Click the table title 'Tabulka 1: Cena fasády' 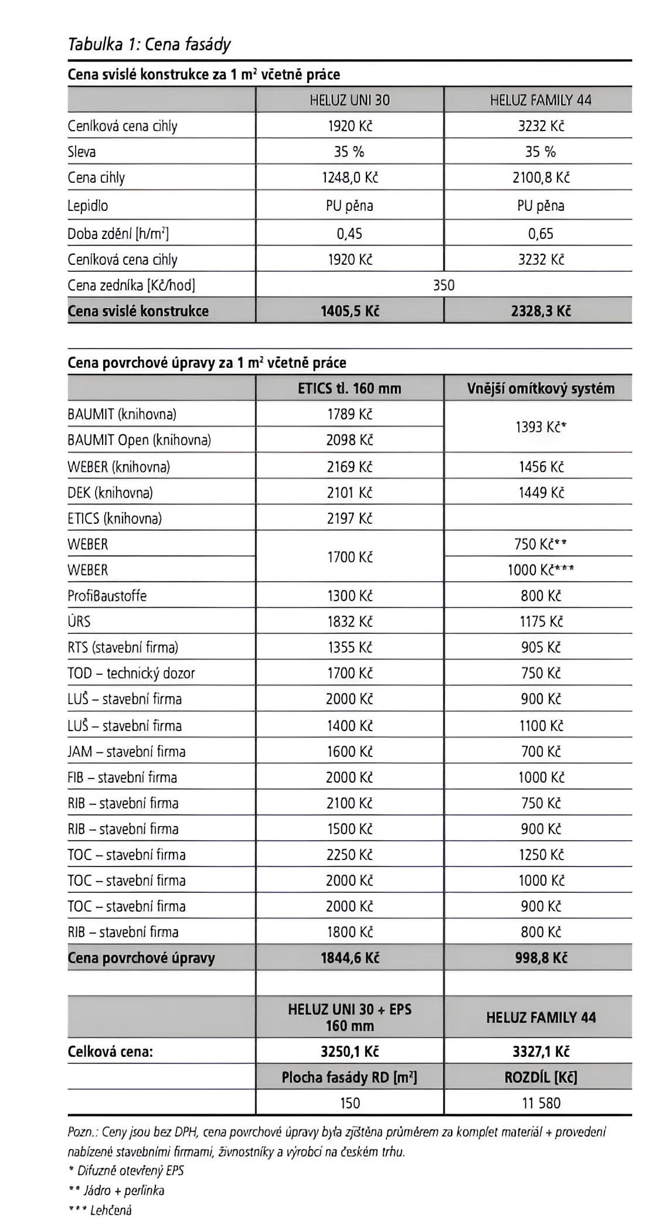point(150,45)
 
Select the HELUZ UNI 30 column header point(349,100)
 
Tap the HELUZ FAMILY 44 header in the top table point(541,100)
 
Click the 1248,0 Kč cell point(349,178)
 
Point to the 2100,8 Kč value point(541,178)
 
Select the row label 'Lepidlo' point(88,206)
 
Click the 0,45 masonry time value point(349,234)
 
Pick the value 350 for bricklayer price point(444,285)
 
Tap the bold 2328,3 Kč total point(541,311)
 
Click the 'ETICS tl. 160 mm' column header point(349,388)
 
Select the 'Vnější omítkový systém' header point(541,388)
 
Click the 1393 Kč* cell point(541,427)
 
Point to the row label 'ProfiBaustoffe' point(107,596)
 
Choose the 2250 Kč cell point(349,855)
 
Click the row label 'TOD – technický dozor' point(131,673)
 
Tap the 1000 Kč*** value point(541,570)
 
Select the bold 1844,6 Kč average point(349,958)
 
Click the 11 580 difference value point(541,1103)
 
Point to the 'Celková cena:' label point(110,1051)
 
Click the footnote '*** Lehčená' point(100,1209)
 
